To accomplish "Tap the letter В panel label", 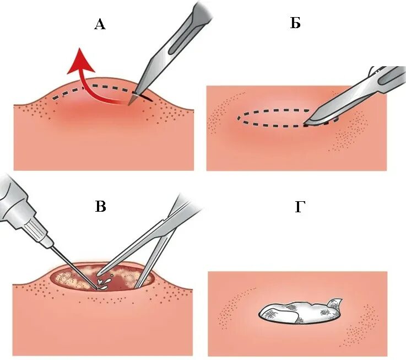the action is tap(100, 207).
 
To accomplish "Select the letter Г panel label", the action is tap(300, 208).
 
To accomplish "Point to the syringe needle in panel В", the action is tap(69, 259).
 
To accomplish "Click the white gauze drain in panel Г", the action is tap(292, 312).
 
